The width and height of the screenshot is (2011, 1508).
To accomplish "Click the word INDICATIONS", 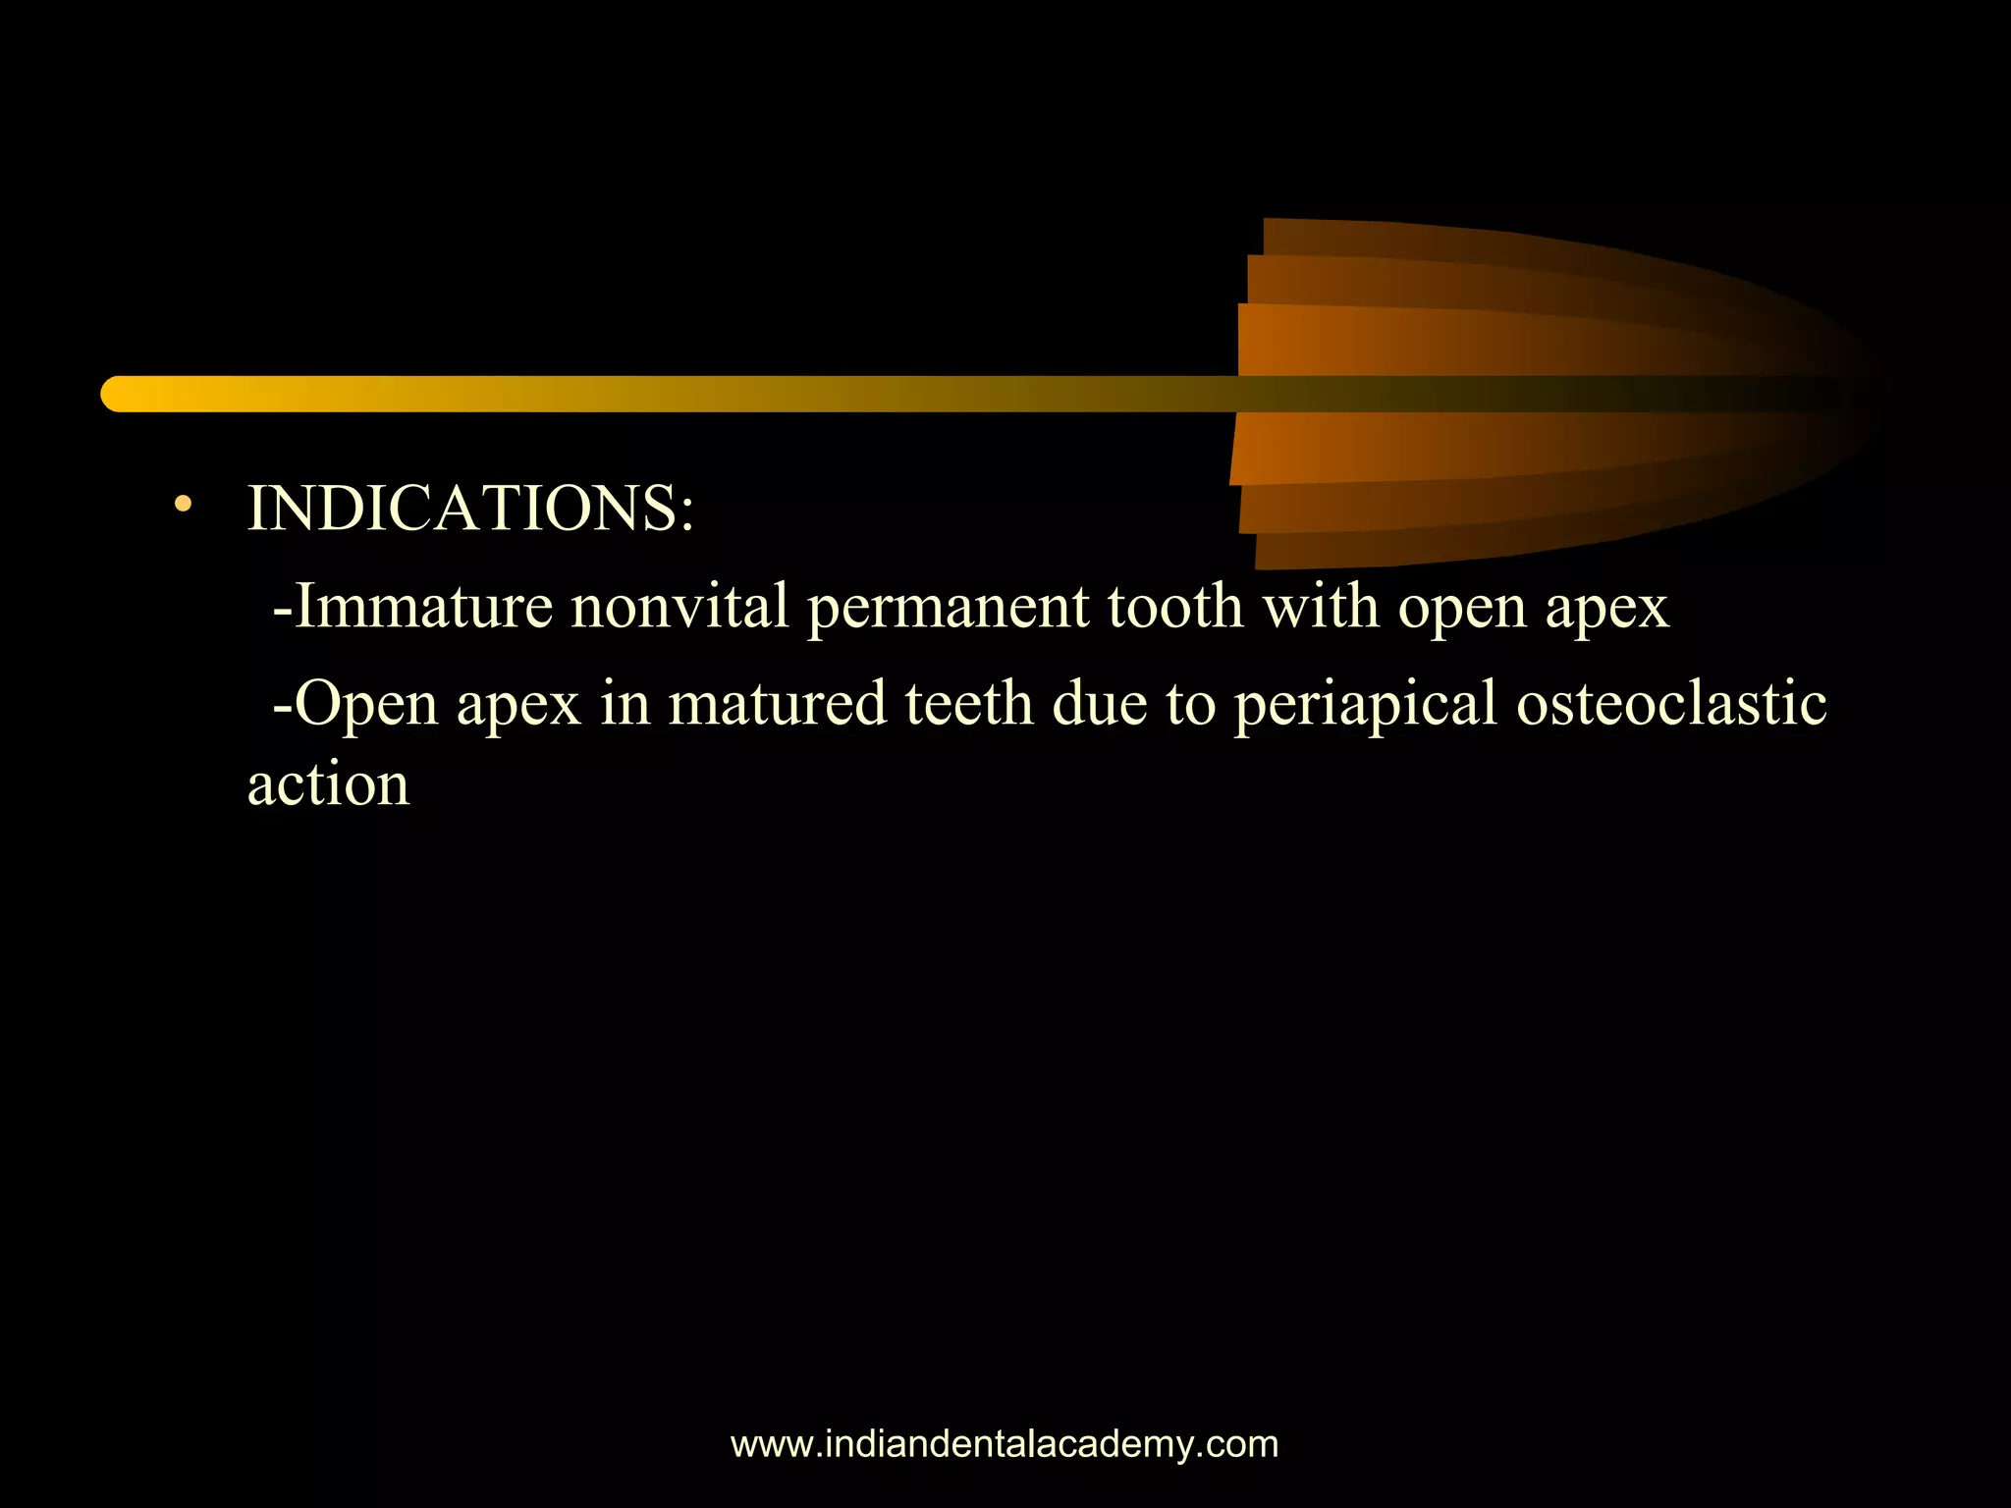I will (x=462, y=509).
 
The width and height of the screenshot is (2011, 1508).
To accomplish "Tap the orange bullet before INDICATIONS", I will (x=183, y=506).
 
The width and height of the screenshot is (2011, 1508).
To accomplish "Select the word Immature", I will (x=423, y=606).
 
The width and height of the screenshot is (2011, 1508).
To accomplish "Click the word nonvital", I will (x=679, y=606).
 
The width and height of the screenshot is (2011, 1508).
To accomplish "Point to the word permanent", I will (x=947, y=608).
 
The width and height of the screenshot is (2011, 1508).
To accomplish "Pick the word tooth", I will (x=1175, y=606).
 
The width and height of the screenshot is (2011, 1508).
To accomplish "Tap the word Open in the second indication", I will (x=365, y=705).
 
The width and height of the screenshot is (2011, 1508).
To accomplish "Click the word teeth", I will (x=969, y=704).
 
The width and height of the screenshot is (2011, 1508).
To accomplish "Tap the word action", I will (x=328, y=785).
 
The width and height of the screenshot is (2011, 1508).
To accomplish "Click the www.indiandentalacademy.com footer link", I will (x=1005, y=1444).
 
